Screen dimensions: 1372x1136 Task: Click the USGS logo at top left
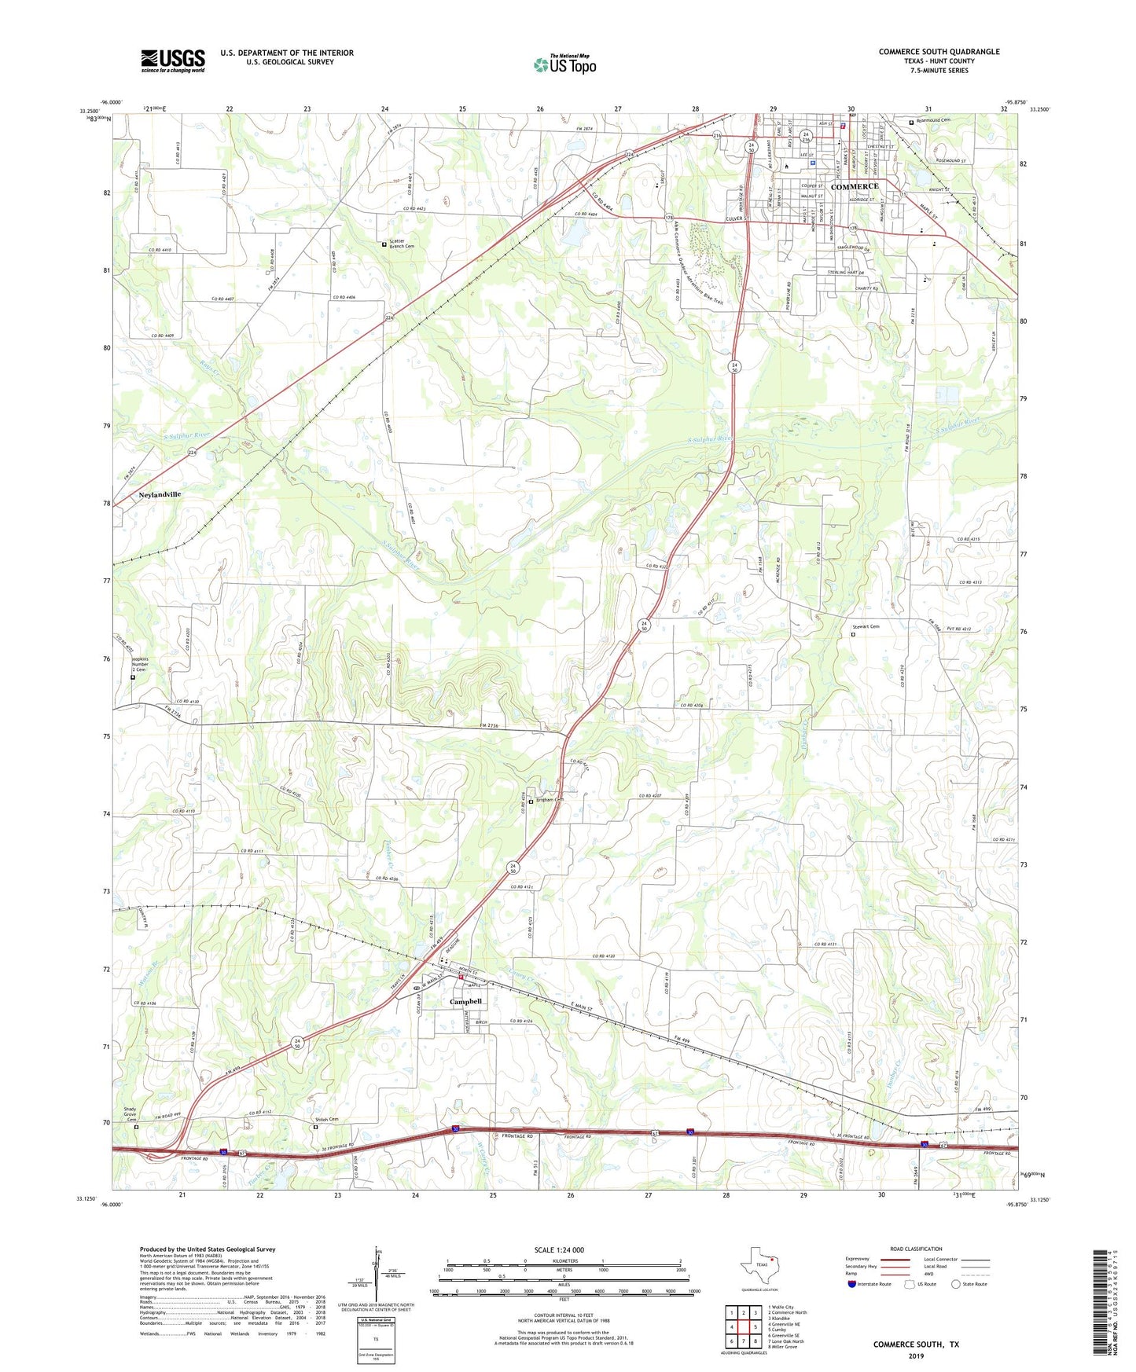pyautogui.click(x=172, y=61)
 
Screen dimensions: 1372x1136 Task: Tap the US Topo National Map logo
pyautogui.click(x=564, y=64)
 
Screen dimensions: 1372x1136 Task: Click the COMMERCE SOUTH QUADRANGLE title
pyautogui.click(x=939, y=52)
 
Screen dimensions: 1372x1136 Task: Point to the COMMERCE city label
pyautogui.click(x=855, y=186)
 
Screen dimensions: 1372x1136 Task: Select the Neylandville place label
pyautogui.click(x=160, y=494)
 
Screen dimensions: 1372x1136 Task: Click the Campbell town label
pyautogui.click(x=465, y=1002)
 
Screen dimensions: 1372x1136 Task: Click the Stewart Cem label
pyautogui.click(x=866, y=626)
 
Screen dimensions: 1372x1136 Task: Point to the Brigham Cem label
pyautogui.click(x=550, y=800)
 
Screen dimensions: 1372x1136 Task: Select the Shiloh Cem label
pyautogui.click(x=327, y=1119)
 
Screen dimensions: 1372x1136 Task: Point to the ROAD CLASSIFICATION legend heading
pyautogui.click(x=915, y=1249)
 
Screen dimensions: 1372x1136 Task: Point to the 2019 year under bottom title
pyautogui.click(x=916, y=1355)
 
